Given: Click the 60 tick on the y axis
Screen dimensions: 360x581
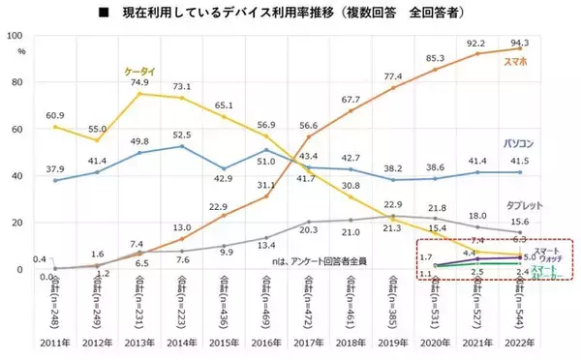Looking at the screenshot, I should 19,130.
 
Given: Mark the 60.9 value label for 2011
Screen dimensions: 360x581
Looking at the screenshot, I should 58,114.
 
